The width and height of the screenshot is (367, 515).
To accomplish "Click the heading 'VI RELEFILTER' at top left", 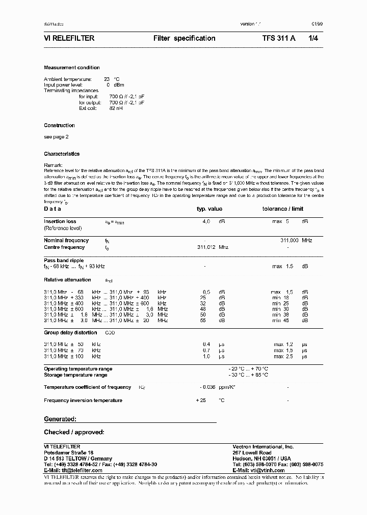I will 69,38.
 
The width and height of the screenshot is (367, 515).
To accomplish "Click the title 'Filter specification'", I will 185,38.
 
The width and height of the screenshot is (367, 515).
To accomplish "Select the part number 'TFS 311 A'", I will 279,38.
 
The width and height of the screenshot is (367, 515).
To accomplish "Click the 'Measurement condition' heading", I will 72,68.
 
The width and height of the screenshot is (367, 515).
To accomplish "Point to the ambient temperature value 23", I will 107,79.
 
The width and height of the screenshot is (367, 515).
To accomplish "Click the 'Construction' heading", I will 59,125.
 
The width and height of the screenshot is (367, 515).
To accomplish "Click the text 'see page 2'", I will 56,137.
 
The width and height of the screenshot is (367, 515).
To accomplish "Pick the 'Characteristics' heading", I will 62,154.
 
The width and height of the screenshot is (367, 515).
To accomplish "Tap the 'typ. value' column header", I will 209,209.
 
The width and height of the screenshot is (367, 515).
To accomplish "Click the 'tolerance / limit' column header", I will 282,209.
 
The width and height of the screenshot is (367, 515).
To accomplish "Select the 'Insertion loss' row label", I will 60,221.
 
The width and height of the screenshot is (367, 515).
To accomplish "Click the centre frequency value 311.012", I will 206,247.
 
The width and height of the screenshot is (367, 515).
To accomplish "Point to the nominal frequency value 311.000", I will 289,240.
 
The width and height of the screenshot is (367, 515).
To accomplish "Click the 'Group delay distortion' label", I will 70,332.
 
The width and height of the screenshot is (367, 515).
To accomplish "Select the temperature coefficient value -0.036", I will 206,387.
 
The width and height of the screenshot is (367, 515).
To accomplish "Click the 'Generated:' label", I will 60,419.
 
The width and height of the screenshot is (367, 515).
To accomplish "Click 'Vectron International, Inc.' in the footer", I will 263,446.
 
